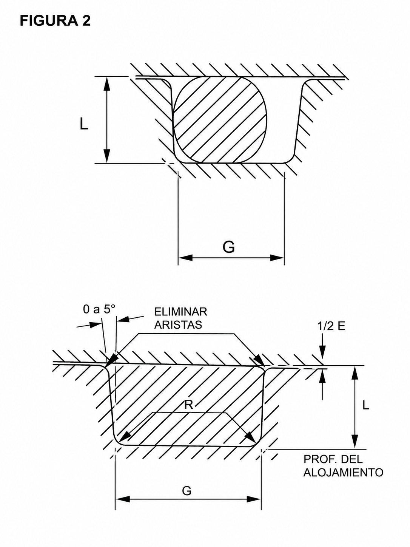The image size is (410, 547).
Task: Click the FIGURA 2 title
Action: (55, 20)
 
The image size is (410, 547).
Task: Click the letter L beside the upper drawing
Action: (84, 124)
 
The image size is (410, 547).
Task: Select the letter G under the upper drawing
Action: (229, 247)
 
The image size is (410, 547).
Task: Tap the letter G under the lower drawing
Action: (187, 491)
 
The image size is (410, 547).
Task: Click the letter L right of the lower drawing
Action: (365, 405)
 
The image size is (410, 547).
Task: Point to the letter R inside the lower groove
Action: (189, 405)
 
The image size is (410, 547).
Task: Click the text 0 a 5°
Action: (99, 309)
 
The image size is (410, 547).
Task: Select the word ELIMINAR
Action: (180, 312)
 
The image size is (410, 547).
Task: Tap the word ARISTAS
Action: (178, 325)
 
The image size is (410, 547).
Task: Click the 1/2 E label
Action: (331, 326)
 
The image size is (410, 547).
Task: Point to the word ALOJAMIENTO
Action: (343, 472)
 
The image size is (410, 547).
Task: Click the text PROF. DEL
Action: (333, 459)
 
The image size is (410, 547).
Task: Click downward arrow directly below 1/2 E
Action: (322, 353)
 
